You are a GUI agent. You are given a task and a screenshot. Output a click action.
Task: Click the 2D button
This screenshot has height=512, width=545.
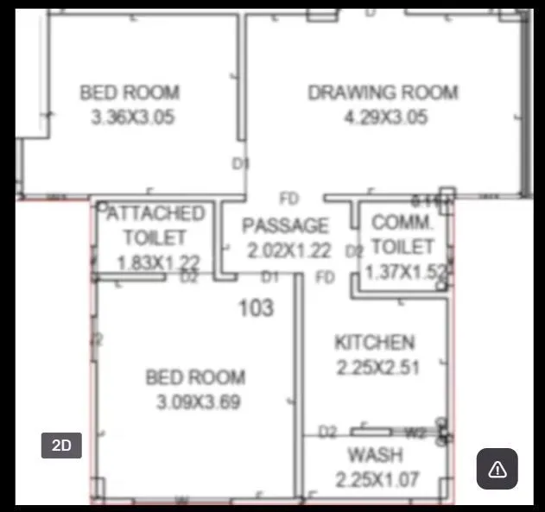[x=61, y=446]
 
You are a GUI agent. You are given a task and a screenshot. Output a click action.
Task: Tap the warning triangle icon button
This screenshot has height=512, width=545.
[x=497, y=469]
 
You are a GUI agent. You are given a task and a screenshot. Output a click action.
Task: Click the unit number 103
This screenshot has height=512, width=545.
[x=257, y=307]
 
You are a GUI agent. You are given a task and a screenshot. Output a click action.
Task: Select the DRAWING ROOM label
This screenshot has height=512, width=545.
[x=383, y=92]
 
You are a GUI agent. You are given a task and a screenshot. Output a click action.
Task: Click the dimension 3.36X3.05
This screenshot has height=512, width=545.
[x=132, y=117]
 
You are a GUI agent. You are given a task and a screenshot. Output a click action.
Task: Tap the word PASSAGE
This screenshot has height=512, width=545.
[x=285, y=226]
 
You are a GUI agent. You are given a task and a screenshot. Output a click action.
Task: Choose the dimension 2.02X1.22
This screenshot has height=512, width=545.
[x=289, y=250]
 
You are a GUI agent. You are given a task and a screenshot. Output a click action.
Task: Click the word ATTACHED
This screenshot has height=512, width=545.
[x=155, y=213]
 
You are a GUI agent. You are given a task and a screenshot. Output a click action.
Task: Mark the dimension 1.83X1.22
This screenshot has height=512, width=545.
[x=159, y=262]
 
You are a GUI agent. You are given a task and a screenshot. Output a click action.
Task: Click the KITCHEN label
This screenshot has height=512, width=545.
[x=375, y=343]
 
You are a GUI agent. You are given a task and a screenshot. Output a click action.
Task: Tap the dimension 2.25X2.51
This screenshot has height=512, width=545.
[x=377, y=367]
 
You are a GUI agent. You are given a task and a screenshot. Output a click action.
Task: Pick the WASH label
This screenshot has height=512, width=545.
[x=374, y=455]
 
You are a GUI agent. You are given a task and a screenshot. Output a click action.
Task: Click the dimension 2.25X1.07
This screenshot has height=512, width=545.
[x=377, y=479]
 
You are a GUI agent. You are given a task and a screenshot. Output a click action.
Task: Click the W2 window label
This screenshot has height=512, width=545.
[x=416, y=431]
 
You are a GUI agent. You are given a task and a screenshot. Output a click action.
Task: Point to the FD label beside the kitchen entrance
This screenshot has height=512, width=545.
[x=325, y=278]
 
